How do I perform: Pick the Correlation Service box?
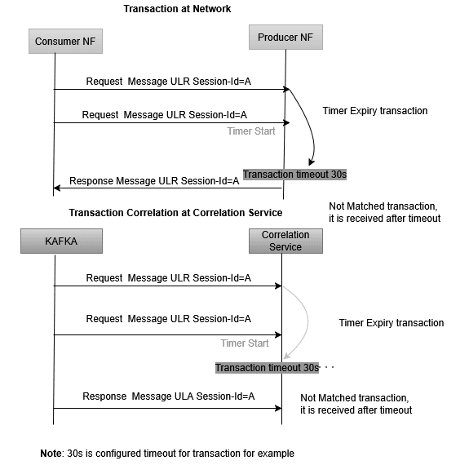tap(285, 241)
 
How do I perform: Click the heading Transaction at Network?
tap(177, 9)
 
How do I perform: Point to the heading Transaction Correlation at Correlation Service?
tap(175, 213)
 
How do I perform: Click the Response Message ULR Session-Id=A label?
tap(154, 181)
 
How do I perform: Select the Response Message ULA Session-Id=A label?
tap(169, 396)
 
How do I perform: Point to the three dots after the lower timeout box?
tap(330, 369)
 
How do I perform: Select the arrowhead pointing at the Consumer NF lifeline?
tap(57, 188)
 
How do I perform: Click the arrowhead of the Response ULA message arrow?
tap(278, 408)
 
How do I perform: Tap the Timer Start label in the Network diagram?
tap(251, 131)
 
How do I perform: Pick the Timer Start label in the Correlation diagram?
tap(245, 343)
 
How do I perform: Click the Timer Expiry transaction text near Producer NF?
tap(374, 111)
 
